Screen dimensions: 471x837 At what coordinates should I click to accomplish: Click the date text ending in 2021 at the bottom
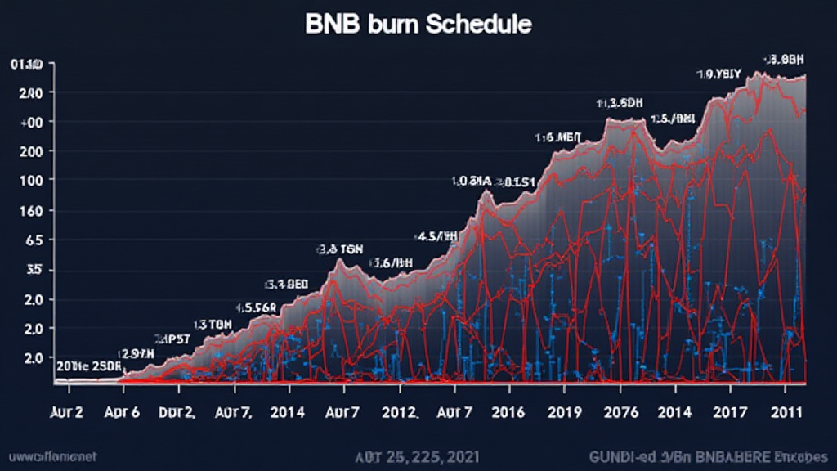418,454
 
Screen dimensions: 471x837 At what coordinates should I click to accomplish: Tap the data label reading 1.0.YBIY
719,74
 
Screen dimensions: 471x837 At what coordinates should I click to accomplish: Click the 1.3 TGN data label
212,324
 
